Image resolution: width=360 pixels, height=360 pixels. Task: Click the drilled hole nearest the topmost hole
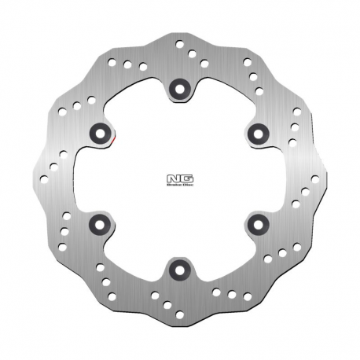pos(192,54)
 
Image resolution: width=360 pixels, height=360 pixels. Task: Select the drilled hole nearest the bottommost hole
pos(167,305)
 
